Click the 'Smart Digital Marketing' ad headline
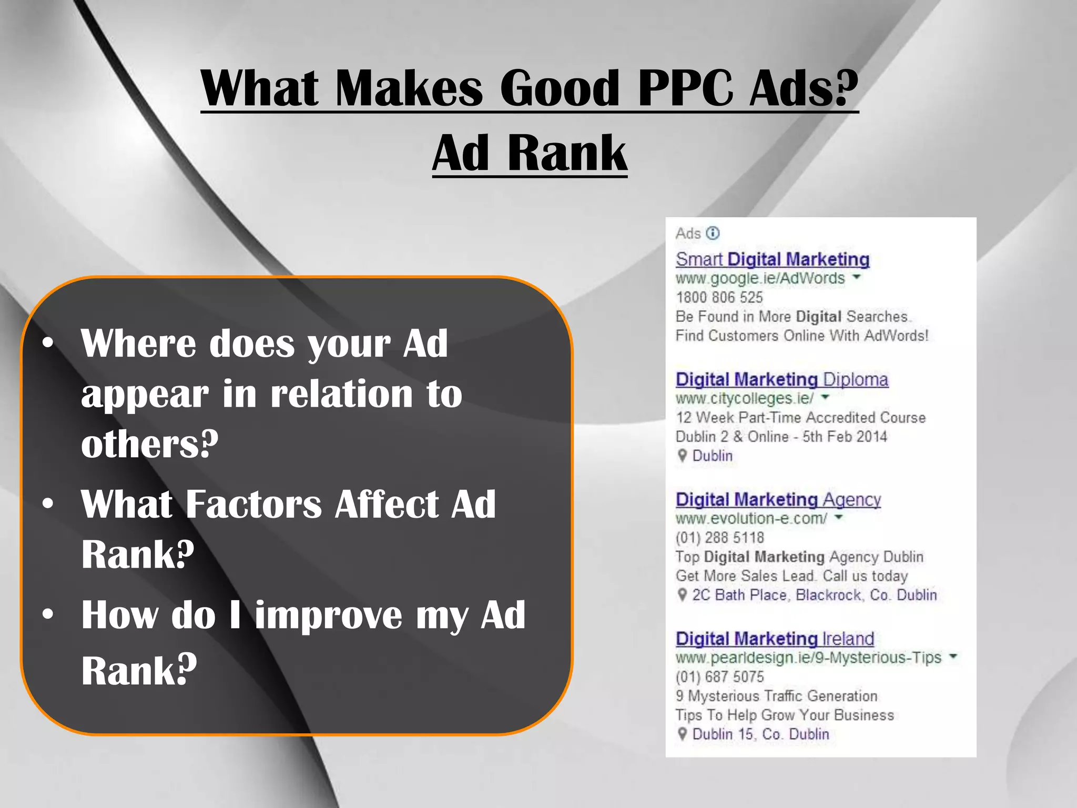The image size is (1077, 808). click(x=772, y=259)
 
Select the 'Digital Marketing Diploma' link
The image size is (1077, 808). click(x=781, y=379)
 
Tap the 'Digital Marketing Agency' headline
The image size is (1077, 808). click(x=778, y=499)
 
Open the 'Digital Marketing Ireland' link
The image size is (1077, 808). click(x=775, y=639)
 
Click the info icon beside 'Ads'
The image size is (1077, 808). click(x=713, y=233)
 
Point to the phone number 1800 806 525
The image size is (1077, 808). click(x=719, y=297)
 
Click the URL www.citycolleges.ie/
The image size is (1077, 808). click(x=744, y=398)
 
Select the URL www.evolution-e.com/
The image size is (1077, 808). click(x=751, y=519)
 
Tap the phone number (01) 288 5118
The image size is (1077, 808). click(x=719, y=538)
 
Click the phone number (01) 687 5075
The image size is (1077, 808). click(x=719, y=676)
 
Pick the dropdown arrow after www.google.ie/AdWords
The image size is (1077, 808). click(x=857, y=277)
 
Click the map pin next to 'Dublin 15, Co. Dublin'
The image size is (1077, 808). click(x=682, y=734)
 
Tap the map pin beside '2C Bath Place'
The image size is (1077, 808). click(x=682, y=595)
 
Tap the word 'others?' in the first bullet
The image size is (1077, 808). click(x=149, y=444)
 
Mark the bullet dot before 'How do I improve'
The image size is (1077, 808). click(x=48, y=614)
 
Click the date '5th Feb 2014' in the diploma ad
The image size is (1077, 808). click(x=845, y=437)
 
